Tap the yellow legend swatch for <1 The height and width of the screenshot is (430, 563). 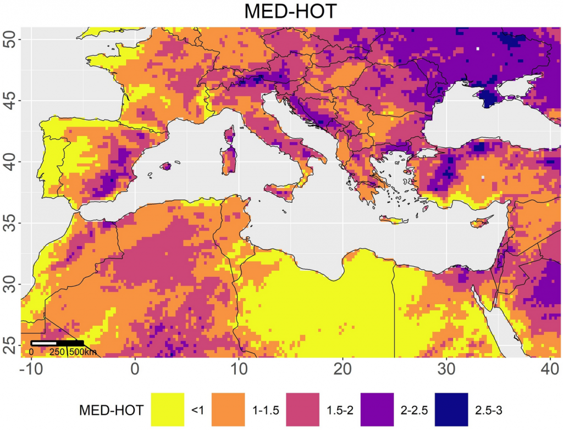[167, 410]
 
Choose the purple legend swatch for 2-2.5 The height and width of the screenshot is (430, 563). [379, 410]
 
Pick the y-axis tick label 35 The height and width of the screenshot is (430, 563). [10, 224]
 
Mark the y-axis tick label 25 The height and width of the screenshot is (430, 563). [10, 345]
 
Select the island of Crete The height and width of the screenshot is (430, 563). [393, 220]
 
